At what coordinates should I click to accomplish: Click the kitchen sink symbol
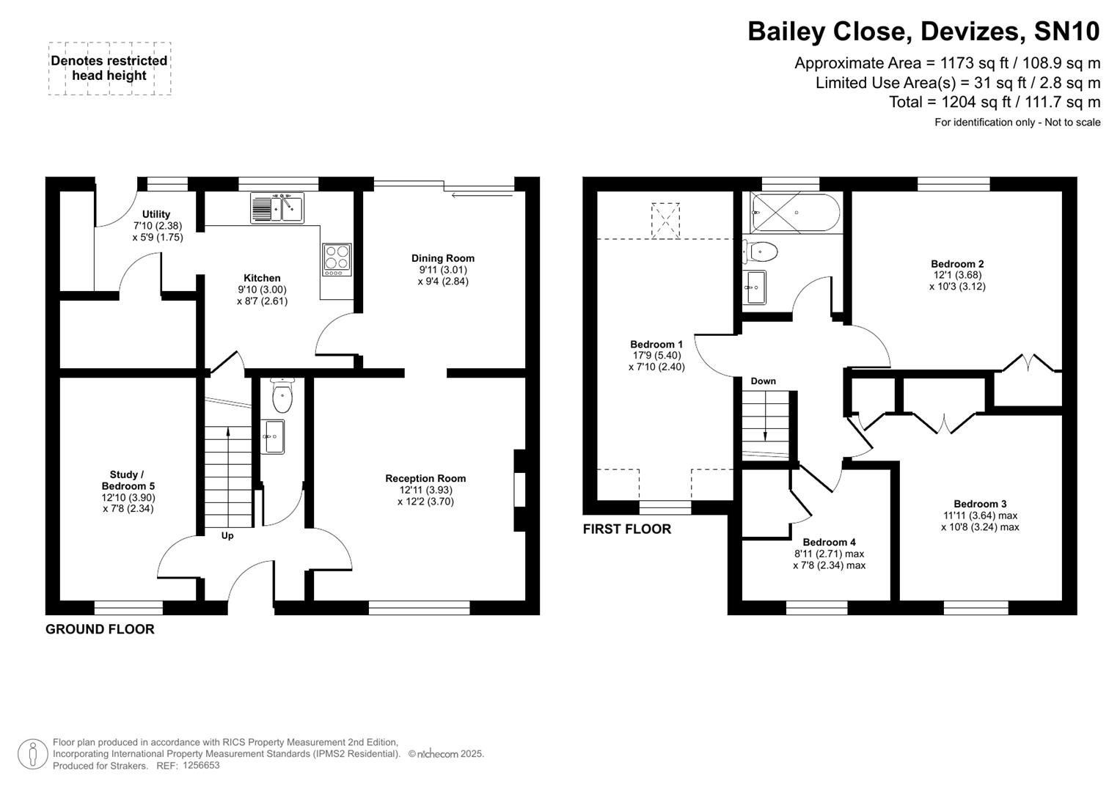tap(277, 208)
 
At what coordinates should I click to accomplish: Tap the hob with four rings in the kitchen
tap(337, 259)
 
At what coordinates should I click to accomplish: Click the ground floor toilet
tap(282, 397)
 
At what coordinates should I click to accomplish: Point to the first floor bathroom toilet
tap(761, 252)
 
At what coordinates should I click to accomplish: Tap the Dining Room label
tap(442, 258)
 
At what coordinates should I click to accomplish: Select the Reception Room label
tap(425, 478)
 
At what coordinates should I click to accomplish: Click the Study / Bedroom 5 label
tap(128, 480)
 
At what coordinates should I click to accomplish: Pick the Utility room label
tap(156, 214)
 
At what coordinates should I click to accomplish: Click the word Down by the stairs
tap(763, 381)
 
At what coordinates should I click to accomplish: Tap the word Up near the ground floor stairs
tap(227, 536)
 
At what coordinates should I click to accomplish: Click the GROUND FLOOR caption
tap(100, 629)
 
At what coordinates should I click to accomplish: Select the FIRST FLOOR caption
tap(626, 529)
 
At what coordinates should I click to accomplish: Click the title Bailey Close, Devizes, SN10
tap(923, 32)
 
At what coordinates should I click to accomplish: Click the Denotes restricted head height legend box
tap(109, 68)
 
